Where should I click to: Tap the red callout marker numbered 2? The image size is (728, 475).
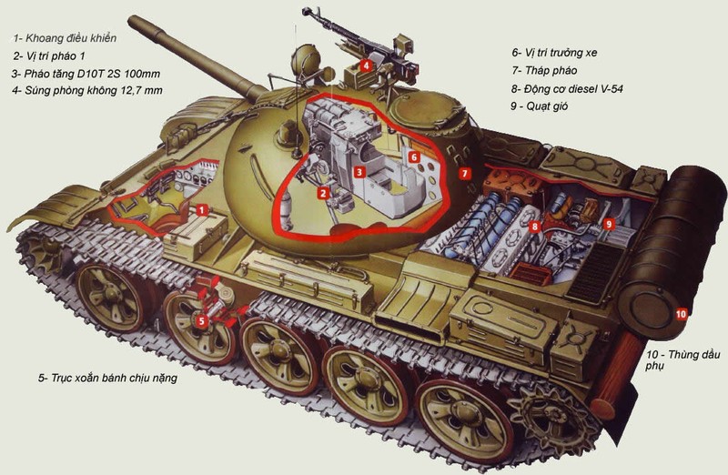click(x=322, y=192)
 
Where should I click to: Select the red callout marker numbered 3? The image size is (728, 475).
click(x=359, y=171)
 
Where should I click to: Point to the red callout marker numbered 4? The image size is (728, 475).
click(x=365, y=65)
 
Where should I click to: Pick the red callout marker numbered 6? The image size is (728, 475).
click(x=414, y=157)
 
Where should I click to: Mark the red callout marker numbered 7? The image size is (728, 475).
click(x=464, y=172)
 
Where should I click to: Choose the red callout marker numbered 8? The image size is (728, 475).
click(x=536, y=226)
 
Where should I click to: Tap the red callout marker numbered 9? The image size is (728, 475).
click(x=610, y=222)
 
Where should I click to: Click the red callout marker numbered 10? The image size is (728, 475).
click(x=681, y=314)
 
